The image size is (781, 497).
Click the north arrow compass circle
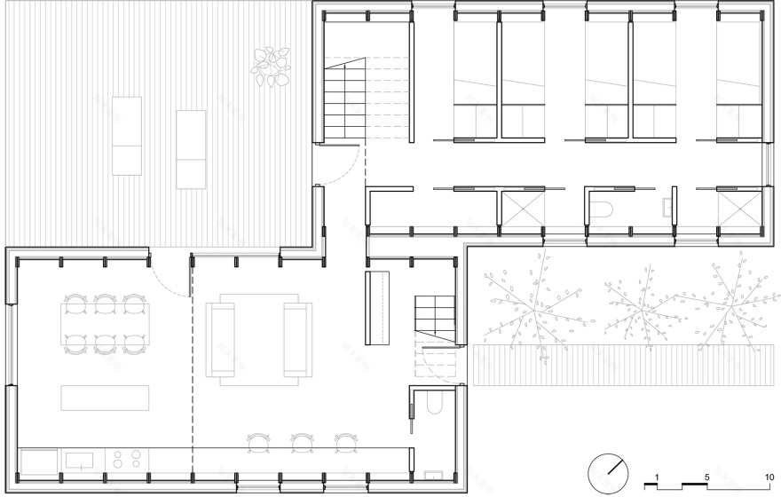[610, 469]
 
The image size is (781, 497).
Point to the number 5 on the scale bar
[707, 477]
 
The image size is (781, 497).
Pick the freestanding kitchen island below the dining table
[105, 398]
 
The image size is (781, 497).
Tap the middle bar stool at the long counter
[302, 441]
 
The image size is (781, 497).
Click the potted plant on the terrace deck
[272, 67]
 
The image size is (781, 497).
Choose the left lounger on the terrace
[127, 135]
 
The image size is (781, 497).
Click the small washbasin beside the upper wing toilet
[667, 209]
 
